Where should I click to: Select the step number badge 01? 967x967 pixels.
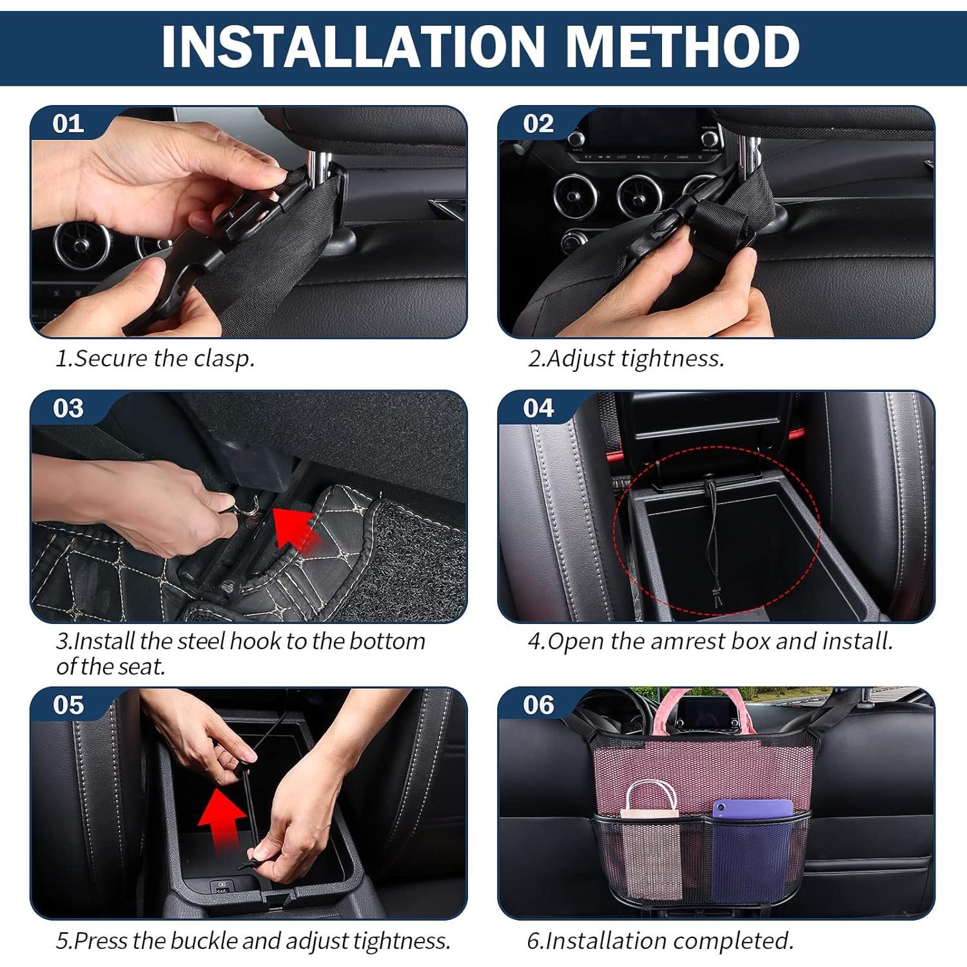pos(68,123)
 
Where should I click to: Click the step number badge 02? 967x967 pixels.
pos(538,123)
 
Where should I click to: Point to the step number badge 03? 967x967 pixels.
pos(68,408)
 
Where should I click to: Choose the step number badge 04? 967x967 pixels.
pos(538,408)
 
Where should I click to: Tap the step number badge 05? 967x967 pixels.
pos(68,705)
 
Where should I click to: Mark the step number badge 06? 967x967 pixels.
pos(538,705)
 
